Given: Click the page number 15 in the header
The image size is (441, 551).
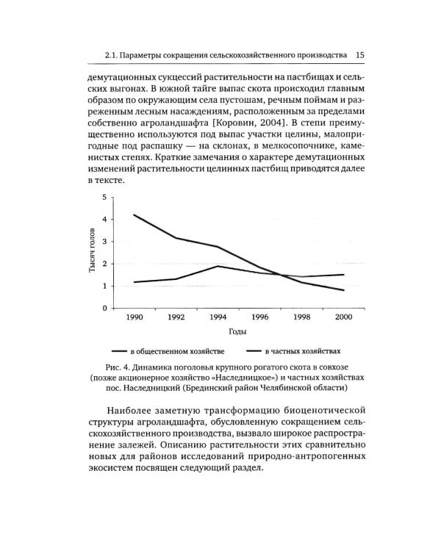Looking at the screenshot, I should point(360,54).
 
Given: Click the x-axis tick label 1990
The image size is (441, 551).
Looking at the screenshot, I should point(134,317).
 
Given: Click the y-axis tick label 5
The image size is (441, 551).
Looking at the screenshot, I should point(104,197).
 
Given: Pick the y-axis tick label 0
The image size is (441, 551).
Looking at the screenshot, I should point(104,308).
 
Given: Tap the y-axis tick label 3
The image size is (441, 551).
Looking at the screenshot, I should point(104,242).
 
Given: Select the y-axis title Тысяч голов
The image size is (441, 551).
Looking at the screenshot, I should point(93,252).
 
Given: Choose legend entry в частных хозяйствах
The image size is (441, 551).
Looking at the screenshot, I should point(302,351).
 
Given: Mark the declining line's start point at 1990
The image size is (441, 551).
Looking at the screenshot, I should point(134,215).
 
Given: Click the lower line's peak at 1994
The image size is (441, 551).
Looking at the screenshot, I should point(218,266).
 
